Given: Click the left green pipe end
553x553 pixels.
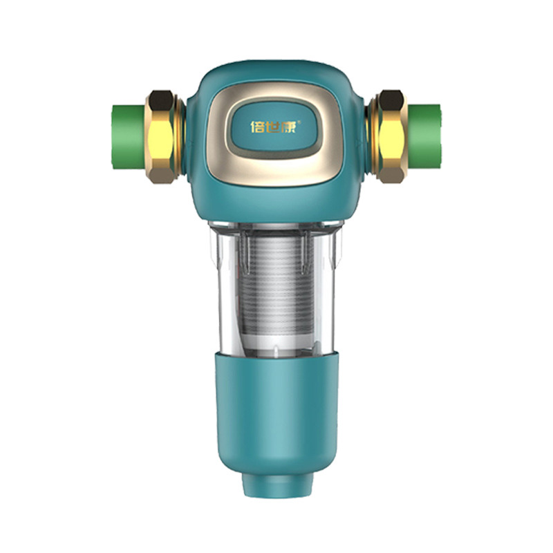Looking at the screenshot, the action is click(129, 138).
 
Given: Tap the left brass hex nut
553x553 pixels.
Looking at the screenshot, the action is click(162, 138).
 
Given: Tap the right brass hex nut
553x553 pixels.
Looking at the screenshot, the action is click(391, 138).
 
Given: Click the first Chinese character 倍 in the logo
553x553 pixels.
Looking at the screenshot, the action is click(257, 127).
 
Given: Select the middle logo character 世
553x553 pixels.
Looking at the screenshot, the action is click(273, 127).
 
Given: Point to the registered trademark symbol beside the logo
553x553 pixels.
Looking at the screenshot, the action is click(299, 122).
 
